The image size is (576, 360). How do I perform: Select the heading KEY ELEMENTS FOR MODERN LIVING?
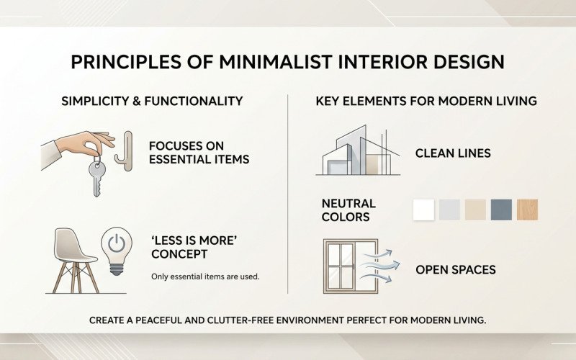(426, 102)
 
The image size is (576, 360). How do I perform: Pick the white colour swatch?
(423, 210)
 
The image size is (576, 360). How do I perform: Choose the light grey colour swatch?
(449, 210)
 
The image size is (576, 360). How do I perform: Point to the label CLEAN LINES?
(453, 153)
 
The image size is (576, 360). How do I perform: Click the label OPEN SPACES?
(456, 271)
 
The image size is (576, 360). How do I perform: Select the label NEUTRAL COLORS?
(348, 210)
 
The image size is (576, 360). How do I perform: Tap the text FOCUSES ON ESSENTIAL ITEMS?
(199, 152)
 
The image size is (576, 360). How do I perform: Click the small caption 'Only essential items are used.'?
(205, 276)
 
